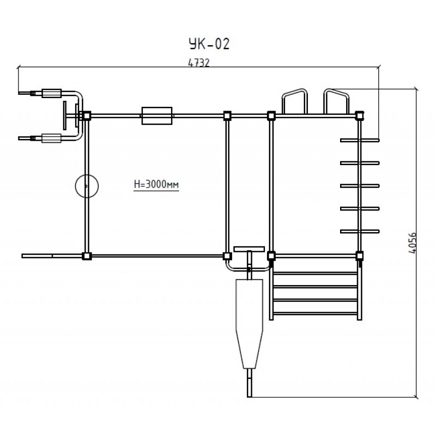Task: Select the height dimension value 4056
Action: [412, 243]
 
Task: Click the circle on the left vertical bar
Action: [86, 186]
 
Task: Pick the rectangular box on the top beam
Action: [157, 116]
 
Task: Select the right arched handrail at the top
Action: [336, 100]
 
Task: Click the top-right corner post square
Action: [359, 116]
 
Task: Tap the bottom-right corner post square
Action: [359, 255]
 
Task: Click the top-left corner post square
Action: [86, 116]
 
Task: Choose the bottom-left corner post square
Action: [86, 256]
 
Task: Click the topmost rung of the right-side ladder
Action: [360, 140]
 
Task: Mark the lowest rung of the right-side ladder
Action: [360, 232]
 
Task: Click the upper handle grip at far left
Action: [52, 93]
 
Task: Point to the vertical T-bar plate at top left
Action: [64, 116]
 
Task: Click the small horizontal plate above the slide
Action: [249, 249]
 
